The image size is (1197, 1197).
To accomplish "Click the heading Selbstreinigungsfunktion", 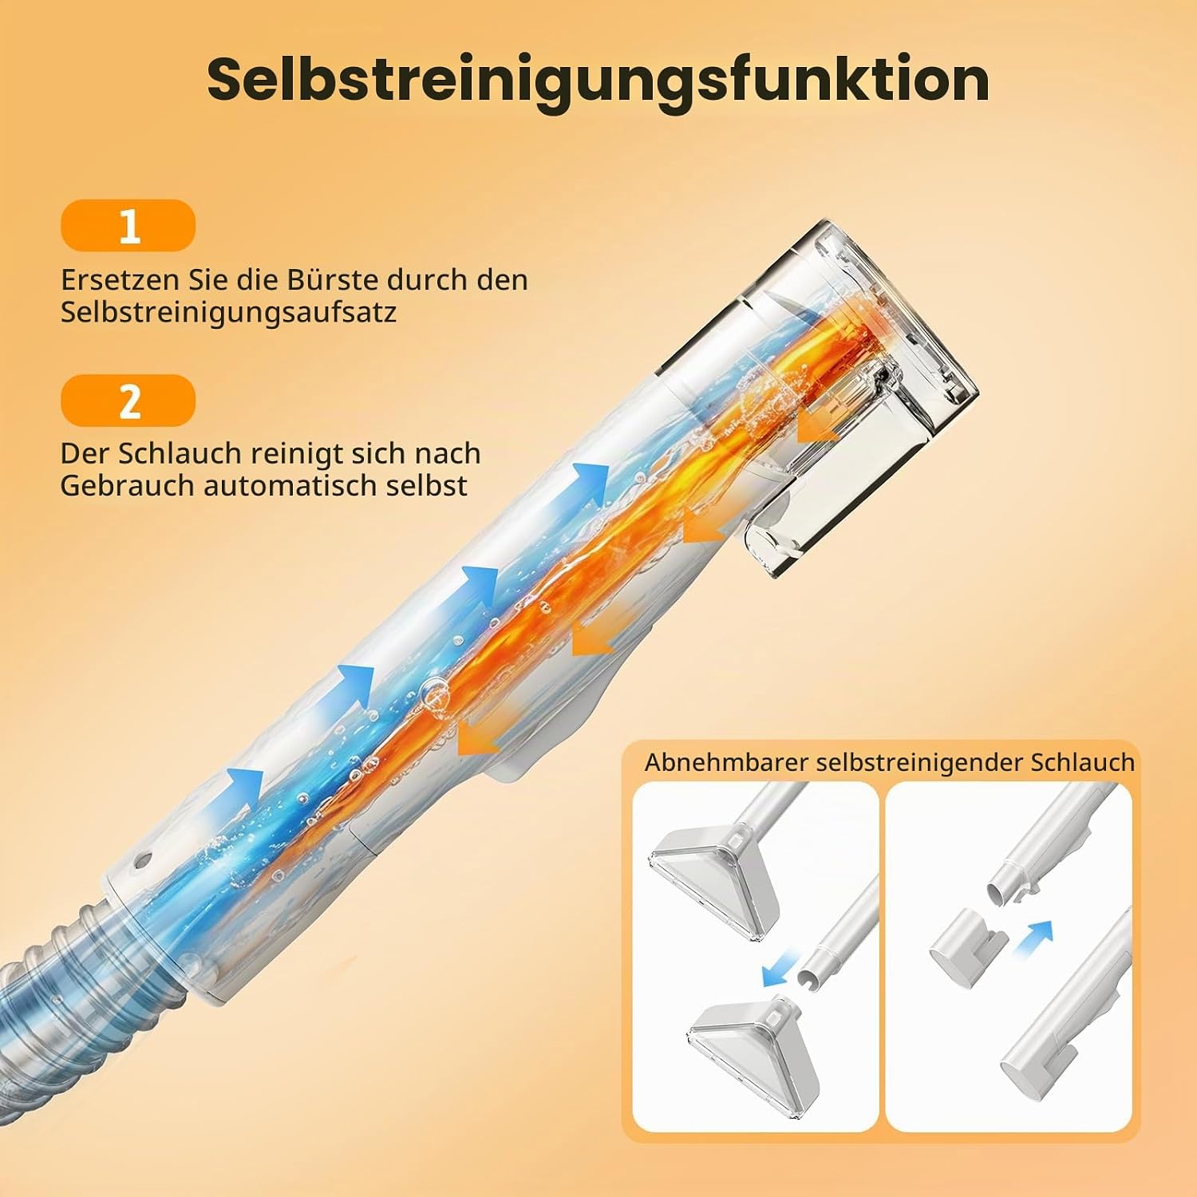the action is click(x=598, y=80).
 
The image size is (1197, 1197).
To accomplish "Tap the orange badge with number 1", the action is click(x=128, y=226).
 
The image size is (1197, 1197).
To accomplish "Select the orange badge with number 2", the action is click(x=128, y=401).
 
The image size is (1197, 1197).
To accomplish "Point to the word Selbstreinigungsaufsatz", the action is click(x=228, y=313).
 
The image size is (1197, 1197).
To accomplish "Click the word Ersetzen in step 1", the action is click(x=120, y=280).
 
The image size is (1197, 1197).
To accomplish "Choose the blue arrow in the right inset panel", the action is click(x=1033, y=939).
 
